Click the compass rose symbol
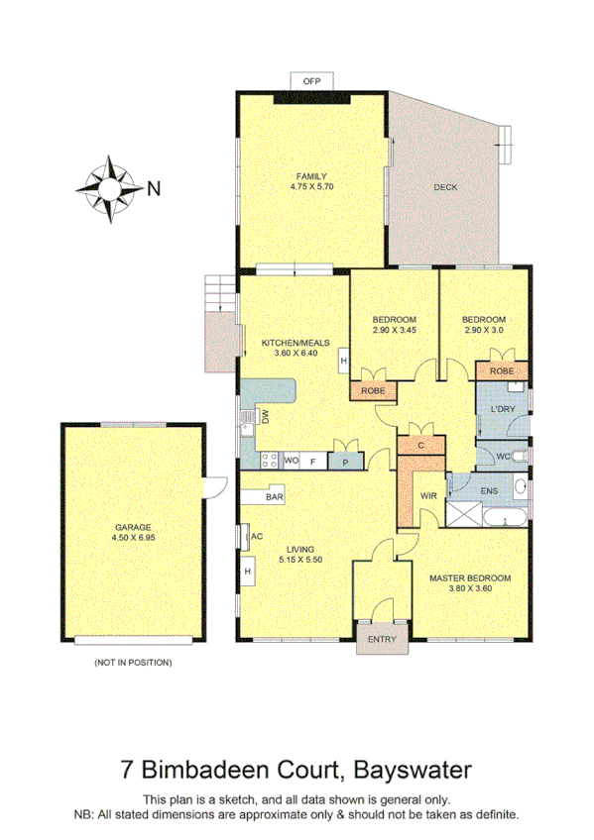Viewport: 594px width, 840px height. pyautogui.click(x=110, y=185)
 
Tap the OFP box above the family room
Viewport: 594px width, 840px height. pyautogui.click(x=311, y=80)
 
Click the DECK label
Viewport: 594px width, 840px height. pyautogui.click(x=445, y=187)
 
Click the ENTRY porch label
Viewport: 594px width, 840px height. pyautogui.click(x=382, y=639)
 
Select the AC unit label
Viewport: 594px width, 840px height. pyautogui.click(x=255, y=536)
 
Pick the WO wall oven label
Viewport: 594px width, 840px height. pyautogui.click(x=292, y=461)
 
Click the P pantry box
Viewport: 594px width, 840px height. pyautogui.click(x=344, y=461)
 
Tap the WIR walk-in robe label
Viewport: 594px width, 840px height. pyautogui.click(x=428, y=494)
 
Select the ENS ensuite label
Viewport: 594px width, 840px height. pyautogui.click(x=488, y=489)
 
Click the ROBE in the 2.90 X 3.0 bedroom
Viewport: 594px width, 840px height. pyautogui.click(x=500, y=369)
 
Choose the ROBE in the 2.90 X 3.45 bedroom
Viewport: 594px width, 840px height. pyautogui.click(x=372, y=391)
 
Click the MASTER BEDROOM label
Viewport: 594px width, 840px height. pyautogui.click(x=469, y=577)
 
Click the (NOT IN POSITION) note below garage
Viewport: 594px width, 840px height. pyautogui.click(x=132, y=661)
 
